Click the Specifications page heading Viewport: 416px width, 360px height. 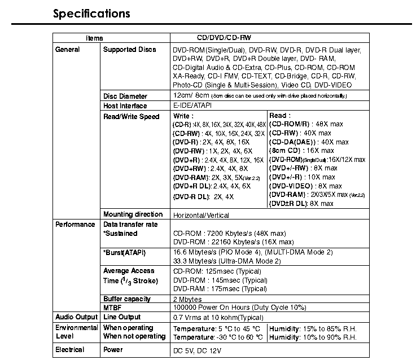(x=91, y=14)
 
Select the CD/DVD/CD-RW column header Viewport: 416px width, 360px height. (x=224, y=38)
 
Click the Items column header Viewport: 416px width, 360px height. (x=94, y=38)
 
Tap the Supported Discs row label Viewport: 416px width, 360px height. (x=129, y=50)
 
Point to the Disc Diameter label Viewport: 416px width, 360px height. (x=125, y=96)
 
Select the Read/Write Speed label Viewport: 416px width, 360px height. (x=131, y=116)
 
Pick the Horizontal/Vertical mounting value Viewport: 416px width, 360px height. (x=201, y=215)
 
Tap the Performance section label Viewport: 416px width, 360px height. (x=75, y=225)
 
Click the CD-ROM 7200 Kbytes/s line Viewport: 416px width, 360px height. (x=229, y=233)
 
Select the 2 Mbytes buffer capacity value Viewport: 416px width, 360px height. (x=187, y=299)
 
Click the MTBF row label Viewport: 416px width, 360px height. (x=113, y=308)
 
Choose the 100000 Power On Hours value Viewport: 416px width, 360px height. (x=239, y=308)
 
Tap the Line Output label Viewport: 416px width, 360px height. (x=122, y=317)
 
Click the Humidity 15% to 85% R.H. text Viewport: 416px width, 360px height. (x=313, y=328)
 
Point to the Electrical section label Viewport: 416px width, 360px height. (x=70, y=350)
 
